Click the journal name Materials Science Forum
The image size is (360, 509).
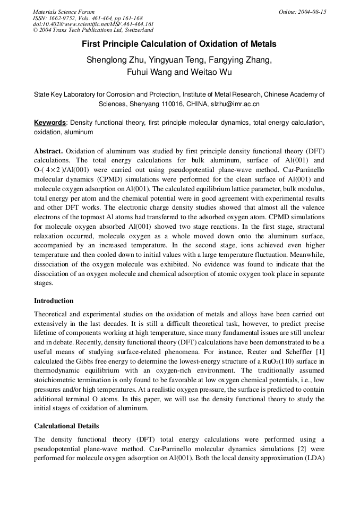pos(64,12)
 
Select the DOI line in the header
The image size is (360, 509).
pos(93,24)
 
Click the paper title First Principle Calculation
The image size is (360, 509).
pos(179,45)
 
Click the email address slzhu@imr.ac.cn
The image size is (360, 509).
pos(235,104)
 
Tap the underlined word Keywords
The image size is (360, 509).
pos(50,123)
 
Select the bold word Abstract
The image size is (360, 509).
pos(49,151)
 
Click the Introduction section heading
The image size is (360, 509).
pos(54,301)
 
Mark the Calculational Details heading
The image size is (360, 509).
pos(66,426)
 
